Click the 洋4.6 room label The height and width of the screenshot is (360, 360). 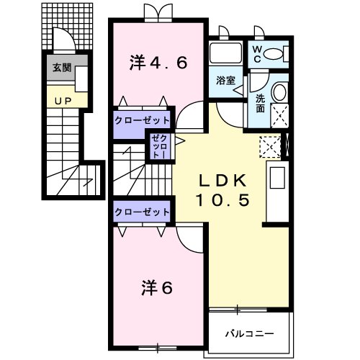pos(158,62)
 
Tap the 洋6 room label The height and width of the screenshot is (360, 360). pos(156,288)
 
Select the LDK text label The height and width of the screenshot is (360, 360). pos(222,180)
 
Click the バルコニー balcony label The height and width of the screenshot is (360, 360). pos(249,333)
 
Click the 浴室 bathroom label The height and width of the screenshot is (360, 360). pos(225,81)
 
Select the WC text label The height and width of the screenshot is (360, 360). pos(257,53)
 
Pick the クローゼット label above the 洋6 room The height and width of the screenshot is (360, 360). pos(142,212)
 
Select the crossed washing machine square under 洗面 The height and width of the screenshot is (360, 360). pos(276,114)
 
